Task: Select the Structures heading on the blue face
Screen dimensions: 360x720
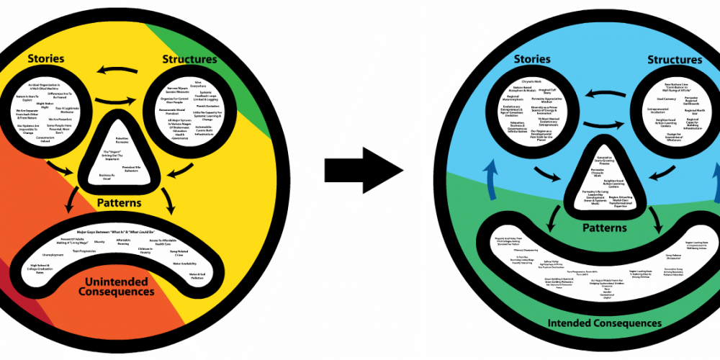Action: tap(674, 60)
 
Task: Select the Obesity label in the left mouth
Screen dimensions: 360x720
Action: tap(99, 242)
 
